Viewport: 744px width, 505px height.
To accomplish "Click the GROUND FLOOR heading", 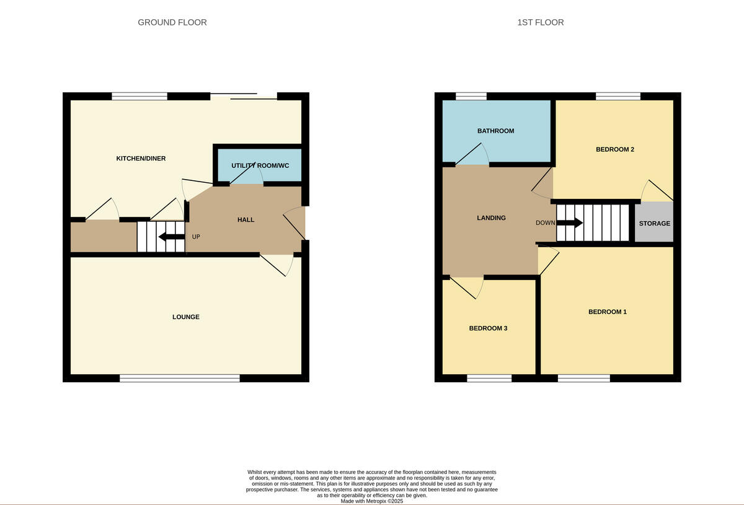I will [x=172, y=22].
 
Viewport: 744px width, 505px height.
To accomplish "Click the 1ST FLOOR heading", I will [x=540, y=22].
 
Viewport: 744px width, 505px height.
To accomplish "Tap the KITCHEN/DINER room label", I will [x=141, y=159].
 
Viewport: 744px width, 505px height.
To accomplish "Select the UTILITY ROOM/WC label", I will [x=260, y=165].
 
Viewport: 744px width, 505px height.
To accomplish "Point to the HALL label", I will [x=246, y=220].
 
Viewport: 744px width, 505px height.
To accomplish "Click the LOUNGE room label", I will [x=186, y=317].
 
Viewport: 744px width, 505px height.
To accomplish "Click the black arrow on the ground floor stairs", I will [x=171, y=237].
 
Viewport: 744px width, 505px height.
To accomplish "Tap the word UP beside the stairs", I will [x=196, y=237].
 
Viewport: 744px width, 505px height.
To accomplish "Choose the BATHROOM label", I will [x=495, y=131].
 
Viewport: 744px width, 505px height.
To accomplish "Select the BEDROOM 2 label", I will [x=614, y=149].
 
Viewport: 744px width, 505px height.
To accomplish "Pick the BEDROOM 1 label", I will [x=607, y=312].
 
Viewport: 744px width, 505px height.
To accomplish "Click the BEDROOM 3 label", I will [x=488, y=328].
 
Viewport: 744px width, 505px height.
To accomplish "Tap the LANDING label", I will [x=491, y=218].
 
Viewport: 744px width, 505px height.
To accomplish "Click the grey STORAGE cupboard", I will [x=654, y=223].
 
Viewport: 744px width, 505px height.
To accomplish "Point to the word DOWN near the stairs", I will [x=546, y=223].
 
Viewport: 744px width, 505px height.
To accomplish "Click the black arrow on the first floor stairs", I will [x=569, y=223].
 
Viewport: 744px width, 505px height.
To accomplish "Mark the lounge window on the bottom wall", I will [x=180, y=378].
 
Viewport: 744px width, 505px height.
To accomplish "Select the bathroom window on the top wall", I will [x=471, y=96].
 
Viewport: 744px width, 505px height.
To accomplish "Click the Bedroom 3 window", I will [x=489, y=378].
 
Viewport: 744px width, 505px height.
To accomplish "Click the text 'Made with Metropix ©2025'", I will [x=372, y=501].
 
